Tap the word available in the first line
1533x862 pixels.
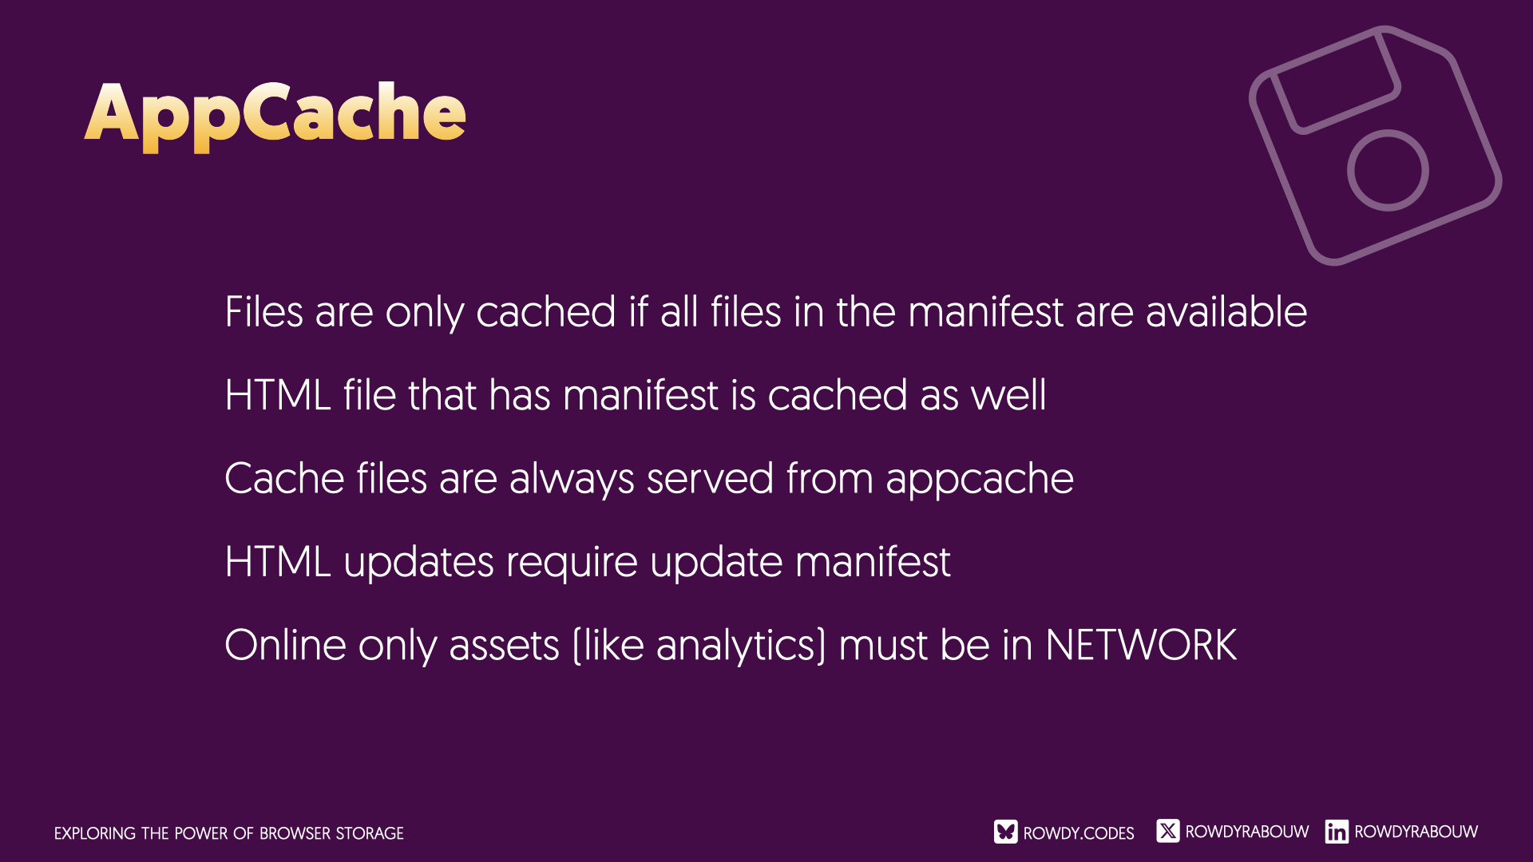(x=1226, y=311)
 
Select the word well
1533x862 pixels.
(x=1008, y=394)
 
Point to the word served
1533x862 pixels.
(x=710, y=478)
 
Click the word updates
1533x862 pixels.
(x=418, y=562)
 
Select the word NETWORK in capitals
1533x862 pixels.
(x=1141, y=645)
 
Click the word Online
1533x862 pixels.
(x=285, y=645)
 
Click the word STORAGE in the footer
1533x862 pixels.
(x=370, y=833)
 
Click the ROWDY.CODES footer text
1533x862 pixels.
(x=1079, y=833)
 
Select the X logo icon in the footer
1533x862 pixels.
(x=1167, y=831)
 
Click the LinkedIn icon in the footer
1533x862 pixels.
(x=1337, y=832)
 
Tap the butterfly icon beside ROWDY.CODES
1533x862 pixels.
(x=1005, y=832)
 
